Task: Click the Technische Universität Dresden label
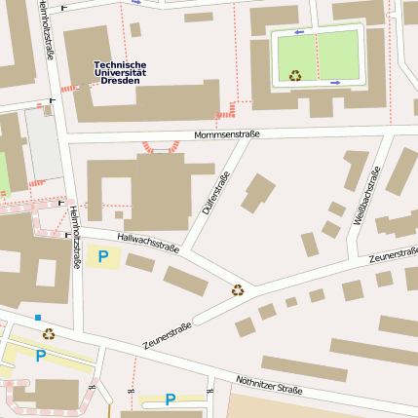pyautogui.click(x=120, y=72)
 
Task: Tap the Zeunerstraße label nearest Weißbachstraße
pyautogui.click(x=394, y=255)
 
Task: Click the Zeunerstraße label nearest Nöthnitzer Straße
pyautogui.click(x=167, y=336)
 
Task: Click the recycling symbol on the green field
pyautogui.click(x=294, y=75)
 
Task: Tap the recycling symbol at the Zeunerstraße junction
pyautogui.click(x=238, y=288)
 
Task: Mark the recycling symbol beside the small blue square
pyautogui.click(x=48, y=334)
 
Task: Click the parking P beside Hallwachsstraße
pyautogui.click(x=102, y=257)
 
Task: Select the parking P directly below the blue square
pyautogui.click(x=40, y=357)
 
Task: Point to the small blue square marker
pyautogui.click(x=38, y=318)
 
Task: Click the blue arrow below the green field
pyautogui.click(x=334, y=83)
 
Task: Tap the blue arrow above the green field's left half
pyautogui.click(x=298, y=32)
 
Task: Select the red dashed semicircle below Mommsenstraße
pyautogui.click(x=161, y=147)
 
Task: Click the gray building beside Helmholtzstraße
pyautogui.click(x=43, y=143)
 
